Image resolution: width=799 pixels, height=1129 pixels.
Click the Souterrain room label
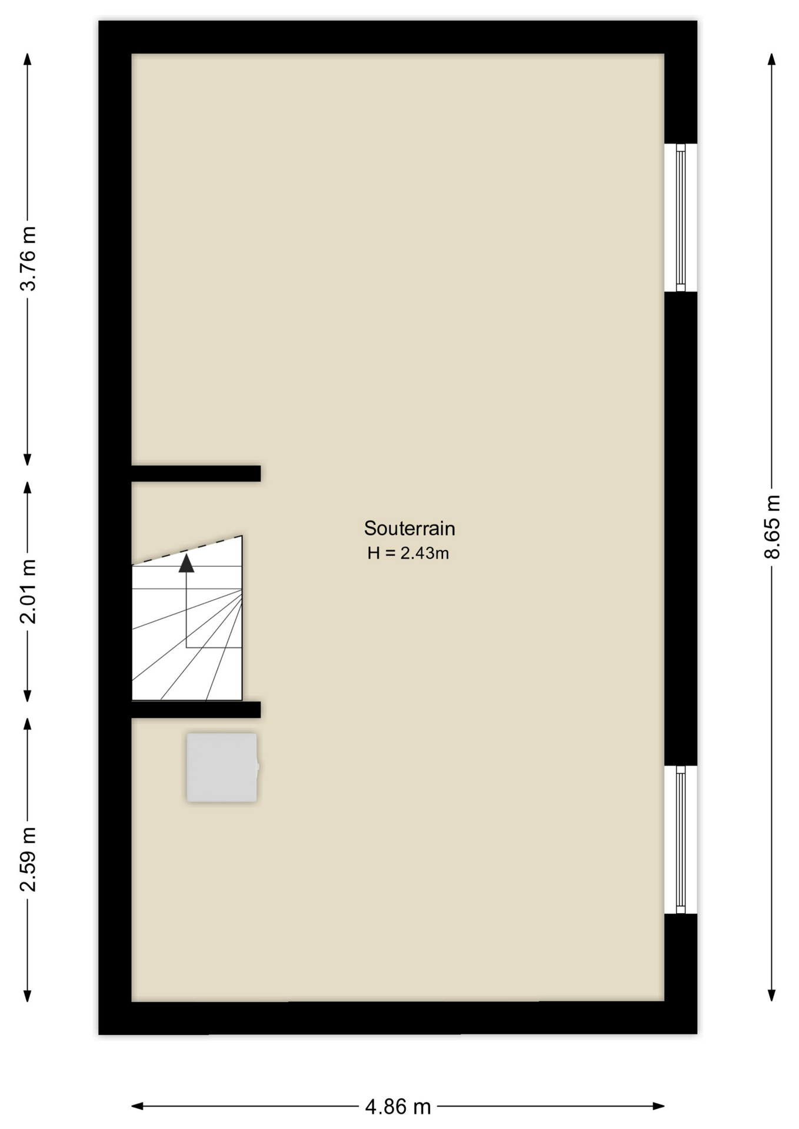(410, 528)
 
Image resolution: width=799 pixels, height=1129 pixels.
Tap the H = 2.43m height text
(408, 553)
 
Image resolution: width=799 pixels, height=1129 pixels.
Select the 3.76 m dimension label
(28, 258)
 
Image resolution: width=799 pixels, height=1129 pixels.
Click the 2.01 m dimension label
(28, 591)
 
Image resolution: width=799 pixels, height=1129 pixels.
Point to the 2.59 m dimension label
(28, 859)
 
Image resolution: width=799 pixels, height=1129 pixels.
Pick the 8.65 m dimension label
(772, 527)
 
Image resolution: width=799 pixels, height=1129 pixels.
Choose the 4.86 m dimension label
(398, 1107)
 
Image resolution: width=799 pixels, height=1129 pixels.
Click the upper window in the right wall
(681, 218)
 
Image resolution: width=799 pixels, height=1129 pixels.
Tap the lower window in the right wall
(681, 840)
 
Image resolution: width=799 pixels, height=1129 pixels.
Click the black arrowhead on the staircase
(187, 563)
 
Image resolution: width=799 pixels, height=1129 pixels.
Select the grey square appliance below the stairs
(222, 767)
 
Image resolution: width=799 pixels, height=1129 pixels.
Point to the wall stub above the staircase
(196, 473)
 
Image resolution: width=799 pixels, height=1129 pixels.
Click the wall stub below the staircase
(196, 710)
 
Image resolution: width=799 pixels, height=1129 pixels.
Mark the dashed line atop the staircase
(187, 550)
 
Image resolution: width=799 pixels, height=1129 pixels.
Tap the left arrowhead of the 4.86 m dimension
(137, 1106)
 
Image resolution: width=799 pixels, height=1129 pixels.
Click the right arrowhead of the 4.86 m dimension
(658, 1106)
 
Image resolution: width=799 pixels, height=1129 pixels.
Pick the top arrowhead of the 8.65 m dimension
(772, 59)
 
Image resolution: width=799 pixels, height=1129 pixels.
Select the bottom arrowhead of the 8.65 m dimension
(772, 995)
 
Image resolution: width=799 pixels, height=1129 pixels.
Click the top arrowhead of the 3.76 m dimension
(27, 59)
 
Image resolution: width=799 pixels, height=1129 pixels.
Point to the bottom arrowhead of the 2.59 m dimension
(27, 995)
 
